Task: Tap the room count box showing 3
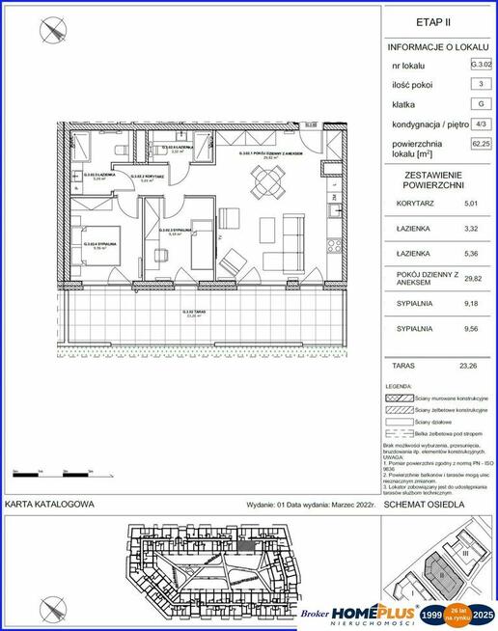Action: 480,85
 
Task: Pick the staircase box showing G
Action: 480,105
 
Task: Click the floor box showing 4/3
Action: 480,124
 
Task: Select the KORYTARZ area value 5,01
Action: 470,205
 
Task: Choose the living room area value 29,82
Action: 470,278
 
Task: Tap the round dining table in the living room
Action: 265,178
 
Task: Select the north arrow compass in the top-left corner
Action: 50,32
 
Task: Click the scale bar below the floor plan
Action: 52,473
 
